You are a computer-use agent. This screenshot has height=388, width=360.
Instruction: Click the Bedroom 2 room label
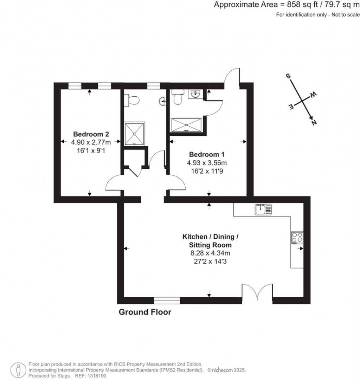point(91,134)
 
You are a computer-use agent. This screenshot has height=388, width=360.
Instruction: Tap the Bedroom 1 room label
point(207,154)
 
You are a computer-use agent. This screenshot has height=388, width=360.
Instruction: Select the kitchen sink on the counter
point(263,209)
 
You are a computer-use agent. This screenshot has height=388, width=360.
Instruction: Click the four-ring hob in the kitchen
point(297,238)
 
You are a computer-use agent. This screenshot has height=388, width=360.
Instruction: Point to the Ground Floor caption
point(145,312)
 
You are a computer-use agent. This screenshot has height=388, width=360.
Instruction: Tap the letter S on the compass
point(288,76)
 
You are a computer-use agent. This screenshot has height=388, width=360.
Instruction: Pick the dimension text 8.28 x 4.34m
point(210,253)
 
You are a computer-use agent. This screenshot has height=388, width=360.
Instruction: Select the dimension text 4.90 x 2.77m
point(91,142)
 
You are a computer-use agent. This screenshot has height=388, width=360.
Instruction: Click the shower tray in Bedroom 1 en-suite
point(187,125)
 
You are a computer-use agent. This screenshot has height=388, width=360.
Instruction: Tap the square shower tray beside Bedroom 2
point(134,134)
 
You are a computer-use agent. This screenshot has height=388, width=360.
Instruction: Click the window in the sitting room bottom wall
point(167,300)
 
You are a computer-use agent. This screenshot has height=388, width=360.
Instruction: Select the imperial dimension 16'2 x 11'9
point(207,171)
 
